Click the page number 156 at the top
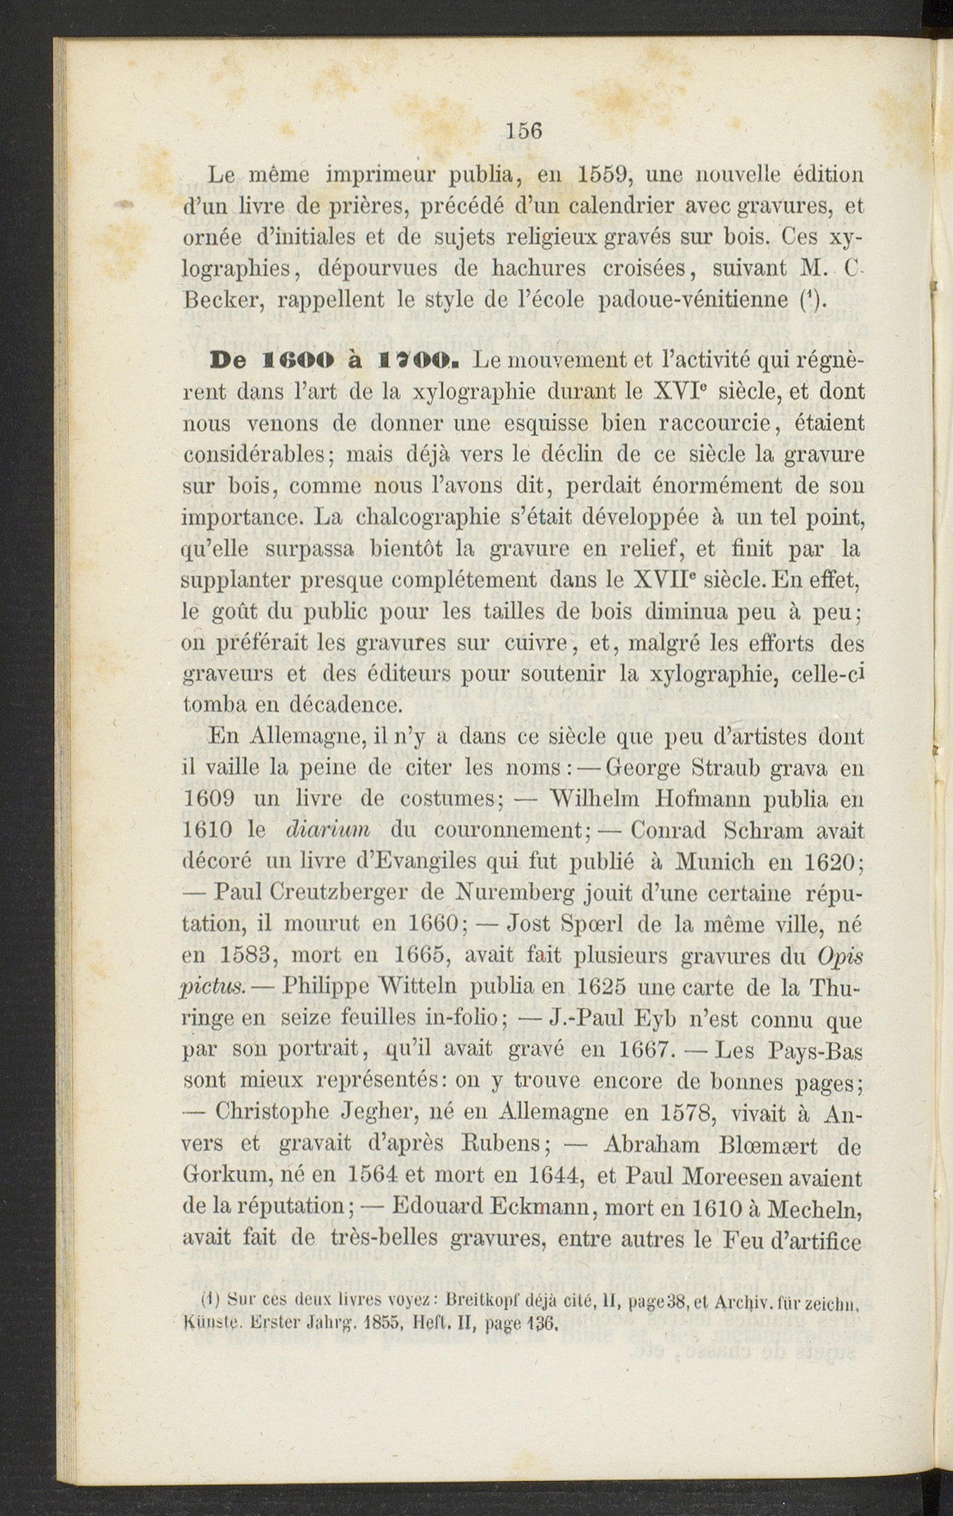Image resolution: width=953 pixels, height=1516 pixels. pos(524,131)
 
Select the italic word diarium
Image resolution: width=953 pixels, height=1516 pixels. pos(328,831)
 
